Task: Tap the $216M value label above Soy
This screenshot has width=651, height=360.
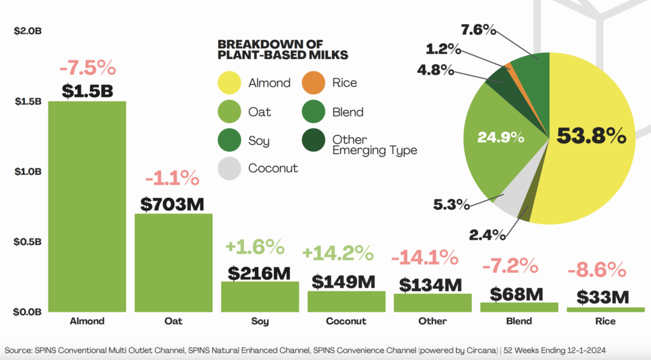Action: [259, 273]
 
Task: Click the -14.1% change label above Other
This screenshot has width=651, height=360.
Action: [424, 258]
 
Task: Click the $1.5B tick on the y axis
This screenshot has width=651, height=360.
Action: [27, 102]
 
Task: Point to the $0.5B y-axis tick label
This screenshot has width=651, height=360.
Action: [27, 242]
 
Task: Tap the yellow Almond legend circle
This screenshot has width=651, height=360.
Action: [230, 83]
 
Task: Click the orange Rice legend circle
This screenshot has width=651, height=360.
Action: [313, 83]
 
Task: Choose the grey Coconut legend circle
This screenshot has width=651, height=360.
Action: [230, 169]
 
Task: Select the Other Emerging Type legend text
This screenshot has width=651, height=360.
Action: [374, 145]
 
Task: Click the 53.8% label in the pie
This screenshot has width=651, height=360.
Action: [591, 135]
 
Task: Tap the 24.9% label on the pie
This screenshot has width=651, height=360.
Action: [502, 137]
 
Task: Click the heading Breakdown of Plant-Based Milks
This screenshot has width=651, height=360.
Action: [283, 50]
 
